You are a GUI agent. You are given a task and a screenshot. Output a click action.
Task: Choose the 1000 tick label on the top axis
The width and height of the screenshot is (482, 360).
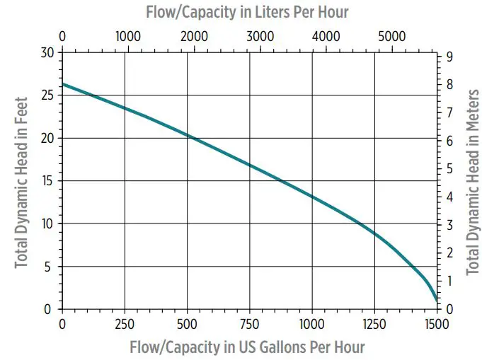128,35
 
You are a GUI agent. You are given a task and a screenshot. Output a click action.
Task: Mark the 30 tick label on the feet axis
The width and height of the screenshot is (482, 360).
47,52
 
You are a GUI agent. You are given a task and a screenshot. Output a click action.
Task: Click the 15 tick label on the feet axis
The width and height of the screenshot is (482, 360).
47,181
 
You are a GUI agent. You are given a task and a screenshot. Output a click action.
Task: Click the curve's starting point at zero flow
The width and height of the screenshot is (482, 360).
63,84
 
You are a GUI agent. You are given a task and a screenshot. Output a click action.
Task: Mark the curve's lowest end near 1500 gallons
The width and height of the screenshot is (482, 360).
436,301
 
